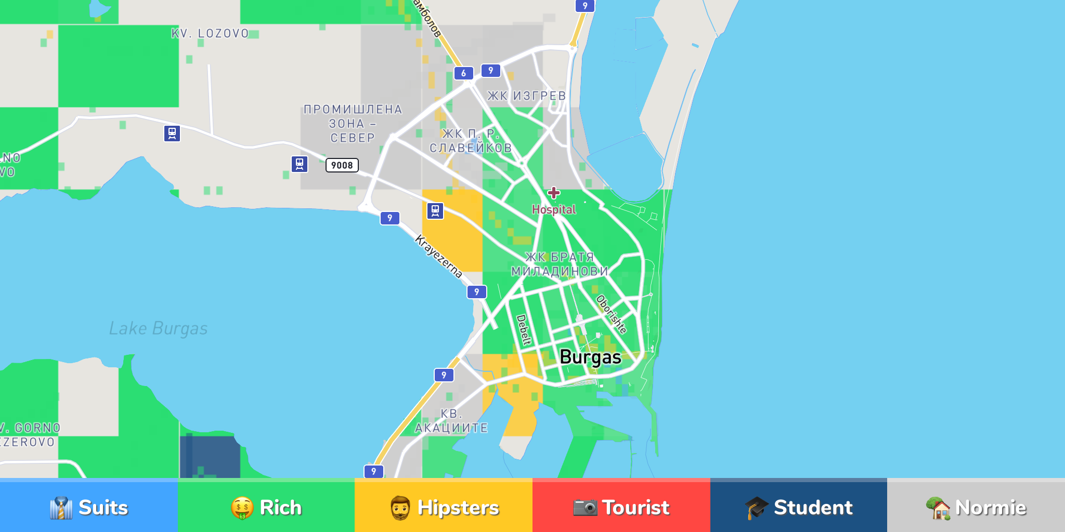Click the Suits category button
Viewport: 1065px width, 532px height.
coord(88,507)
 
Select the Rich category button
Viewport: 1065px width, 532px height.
coord(266,507)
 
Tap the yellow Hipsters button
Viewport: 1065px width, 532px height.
coord(444,507)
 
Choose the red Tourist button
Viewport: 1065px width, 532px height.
coord(621,507)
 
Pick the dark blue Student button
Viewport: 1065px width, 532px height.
coord(799,507)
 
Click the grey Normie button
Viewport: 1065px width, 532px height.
coord(976,507)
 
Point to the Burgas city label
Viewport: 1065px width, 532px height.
coord(590,357)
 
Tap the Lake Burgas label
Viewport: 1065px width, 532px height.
coord(158,328)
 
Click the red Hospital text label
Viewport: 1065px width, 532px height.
coord(554,209)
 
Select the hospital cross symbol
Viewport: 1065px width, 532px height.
coord(554,193)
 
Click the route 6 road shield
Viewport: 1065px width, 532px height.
coord(463,73)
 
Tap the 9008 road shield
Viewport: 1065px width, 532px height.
coord(342,165)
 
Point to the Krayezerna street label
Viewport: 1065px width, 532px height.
coord(438,256)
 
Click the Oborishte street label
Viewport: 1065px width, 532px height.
coord(611,314)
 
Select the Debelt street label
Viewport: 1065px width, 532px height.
coord(524,330)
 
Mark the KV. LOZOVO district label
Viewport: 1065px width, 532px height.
coord(210,34)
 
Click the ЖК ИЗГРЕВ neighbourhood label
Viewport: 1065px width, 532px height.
coord(526,96)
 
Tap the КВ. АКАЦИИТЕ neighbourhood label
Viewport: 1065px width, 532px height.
coord(451,421)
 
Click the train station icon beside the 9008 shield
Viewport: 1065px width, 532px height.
coord(300,164)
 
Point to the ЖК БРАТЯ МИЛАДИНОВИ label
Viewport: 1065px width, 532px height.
coord(560,264)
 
